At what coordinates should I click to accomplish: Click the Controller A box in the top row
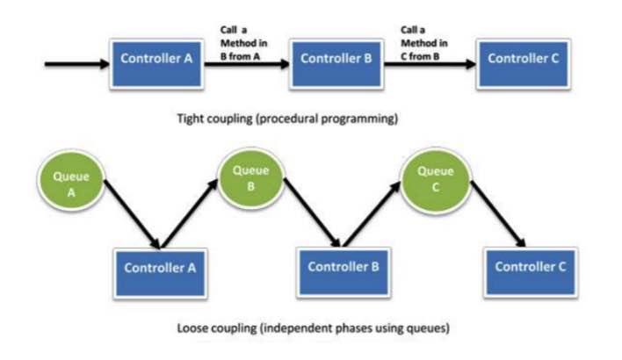click(155, 61)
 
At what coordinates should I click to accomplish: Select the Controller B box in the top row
click(336, 61)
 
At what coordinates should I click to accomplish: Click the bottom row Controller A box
click(159, 269)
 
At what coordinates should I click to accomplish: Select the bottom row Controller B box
click(344, 267)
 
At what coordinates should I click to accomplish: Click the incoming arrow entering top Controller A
click(76, 63)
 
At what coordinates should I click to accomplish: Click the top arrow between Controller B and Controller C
click(430, 63)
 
